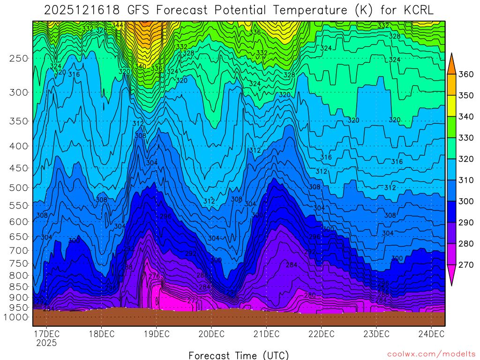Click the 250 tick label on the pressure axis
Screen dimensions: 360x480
[18, 59]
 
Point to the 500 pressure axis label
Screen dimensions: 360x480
[18, 187]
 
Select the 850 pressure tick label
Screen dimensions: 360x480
[18, 286]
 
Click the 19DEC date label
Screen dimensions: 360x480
[156, 334]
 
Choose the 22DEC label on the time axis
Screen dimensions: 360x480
[321, 334]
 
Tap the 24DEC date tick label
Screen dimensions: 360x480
[431, 334]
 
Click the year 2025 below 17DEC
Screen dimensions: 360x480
[46, 343]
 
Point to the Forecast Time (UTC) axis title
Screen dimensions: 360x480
[239, 355]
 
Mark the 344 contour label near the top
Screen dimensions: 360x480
[118, 25]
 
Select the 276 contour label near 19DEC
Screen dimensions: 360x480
[154, 276]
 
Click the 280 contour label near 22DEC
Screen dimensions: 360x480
[310, 295]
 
